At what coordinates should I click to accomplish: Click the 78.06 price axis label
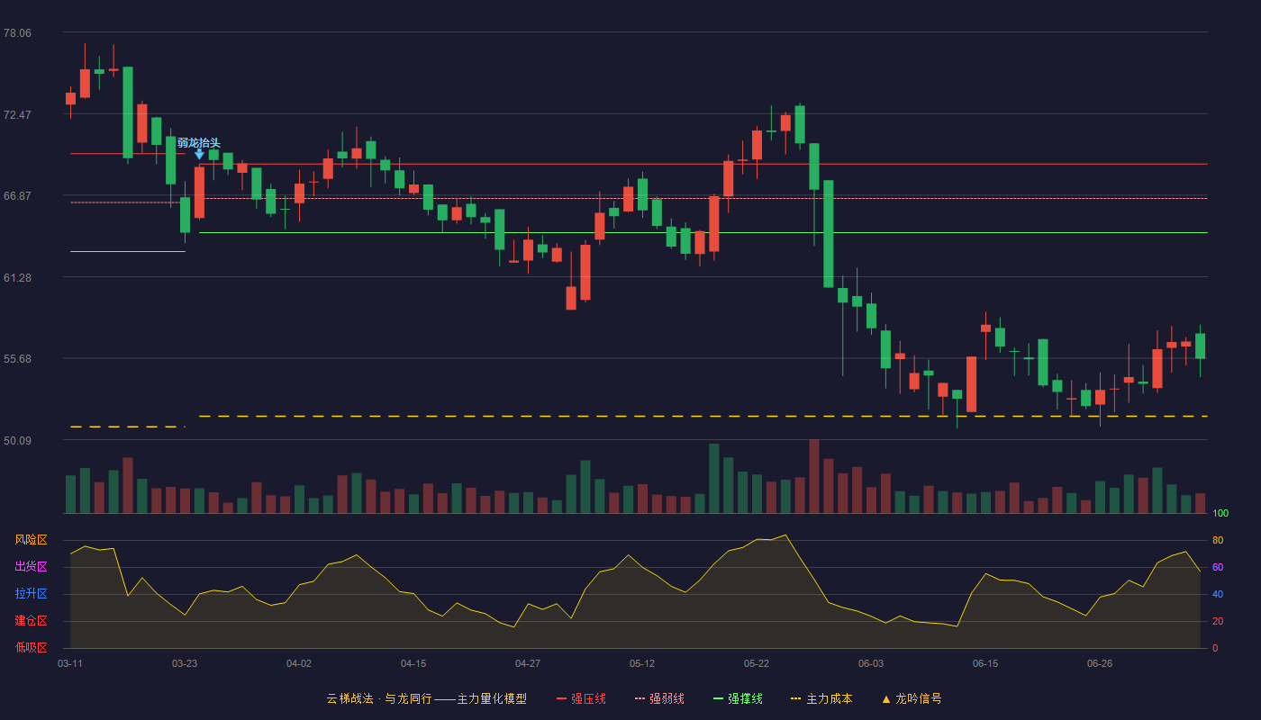point(17,33)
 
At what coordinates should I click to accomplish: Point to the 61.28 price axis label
point(17,278)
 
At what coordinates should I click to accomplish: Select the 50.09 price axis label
point(17,440)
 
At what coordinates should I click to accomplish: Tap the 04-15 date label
point(413,664)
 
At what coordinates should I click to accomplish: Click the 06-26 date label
point(1100,664)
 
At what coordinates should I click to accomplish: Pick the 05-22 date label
point(756,664)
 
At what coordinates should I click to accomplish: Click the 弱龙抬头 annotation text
point(199,143)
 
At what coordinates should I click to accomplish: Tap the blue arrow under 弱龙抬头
point(199,154)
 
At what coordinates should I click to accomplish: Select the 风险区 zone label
point(31,540)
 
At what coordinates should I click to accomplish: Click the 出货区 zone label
point(31,566)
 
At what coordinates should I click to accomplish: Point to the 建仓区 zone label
point(31,620)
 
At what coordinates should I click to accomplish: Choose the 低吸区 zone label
point(31,647)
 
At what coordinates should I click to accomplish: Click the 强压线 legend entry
point(581,698)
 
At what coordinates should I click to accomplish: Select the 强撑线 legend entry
point(738,698)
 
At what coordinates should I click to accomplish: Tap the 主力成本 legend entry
point(821,698)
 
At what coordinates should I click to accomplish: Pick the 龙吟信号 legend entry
point(912,698)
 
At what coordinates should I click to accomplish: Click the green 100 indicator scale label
point(1220,513)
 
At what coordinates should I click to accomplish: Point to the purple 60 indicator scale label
point(1218,567)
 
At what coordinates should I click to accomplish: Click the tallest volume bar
point(814,476)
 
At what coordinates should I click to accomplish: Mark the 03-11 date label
point(70,664)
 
